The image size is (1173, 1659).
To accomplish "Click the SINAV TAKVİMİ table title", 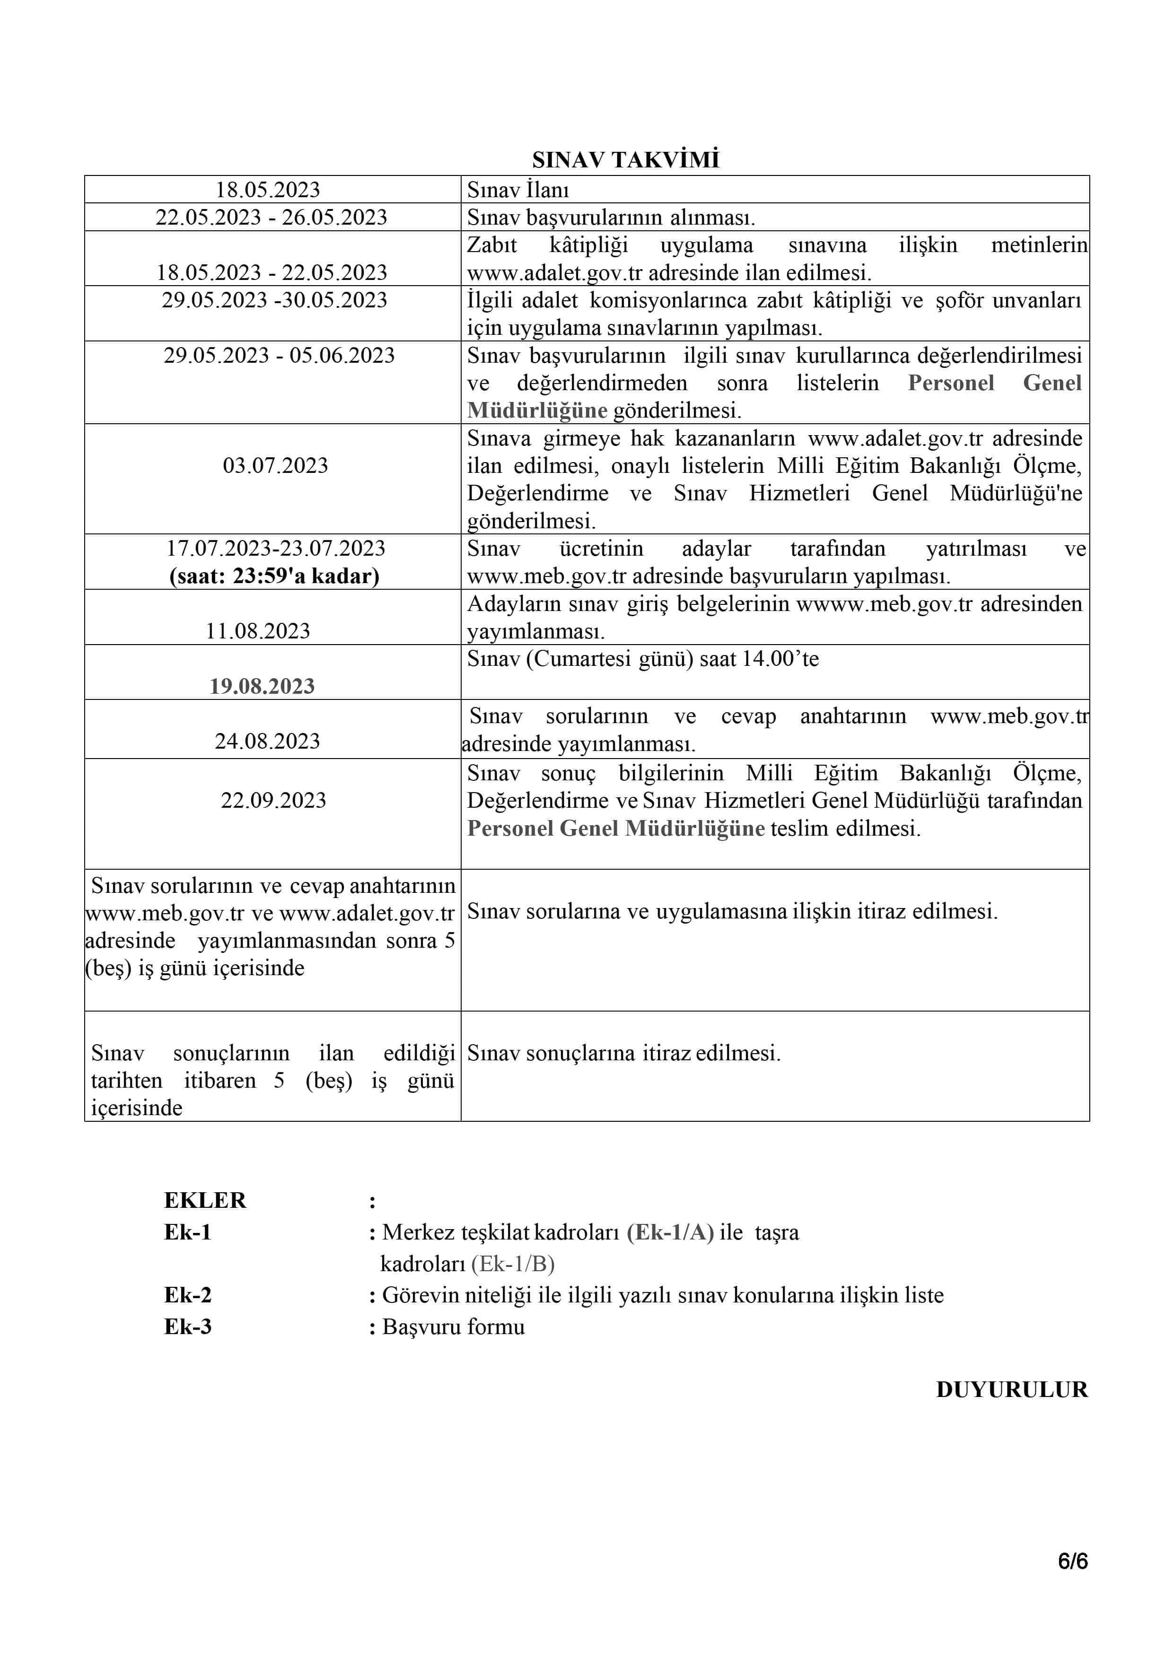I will click(625, 160).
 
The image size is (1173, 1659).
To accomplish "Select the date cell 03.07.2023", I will click(275, 465).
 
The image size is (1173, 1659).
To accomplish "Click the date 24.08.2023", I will click(267, 741).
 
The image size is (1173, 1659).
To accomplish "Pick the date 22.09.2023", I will click(273, 800).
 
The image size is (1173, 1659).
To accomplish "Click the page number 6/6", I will click(1073, 1562).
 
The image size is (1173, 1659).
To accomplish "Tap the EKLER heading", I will click(205, 1200).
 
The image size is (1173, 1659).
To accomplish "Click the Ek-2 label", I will click(188, 1295).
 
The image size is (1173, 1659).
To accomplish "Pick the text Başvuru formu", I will click(453, 1327).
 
